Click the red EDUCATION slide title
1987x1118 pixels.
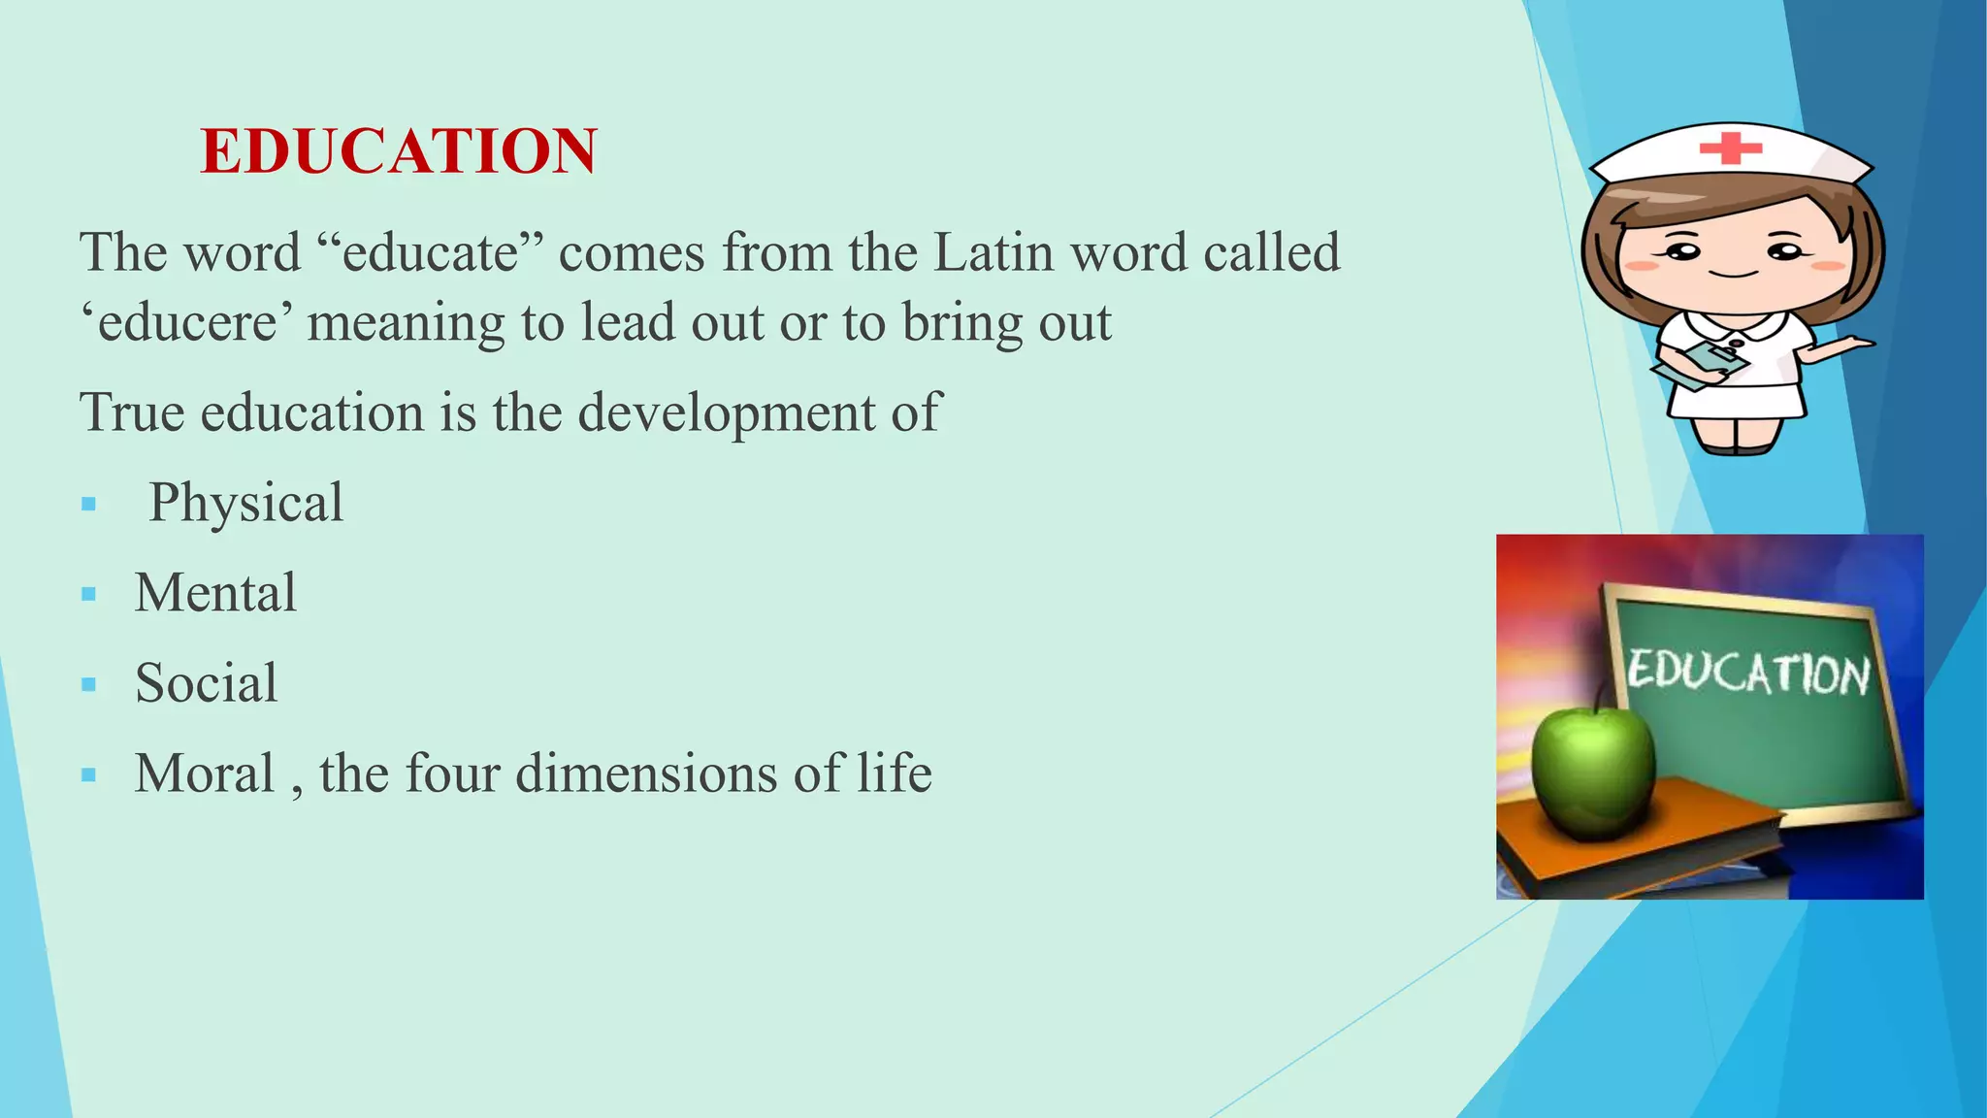click(x=398, y=152)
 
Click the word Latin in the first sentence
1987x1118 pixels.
click(x=993, y=252)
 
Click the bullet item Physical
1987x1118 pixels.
click(x=245, y=504)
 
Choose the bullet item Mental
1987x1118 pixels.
click(x=215, y=593)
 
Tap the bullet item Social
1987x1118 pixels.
click(x=206, y=683)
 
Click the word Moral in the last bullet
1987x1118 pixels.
click(x=204, y=773)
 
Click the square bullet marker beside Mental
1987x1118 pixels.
click(x=89, y=595)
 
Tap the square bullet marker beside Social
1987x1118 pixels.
click(x=89, y=685)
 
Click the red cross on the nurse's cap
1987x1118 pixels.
click(x=1730, y=148)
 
